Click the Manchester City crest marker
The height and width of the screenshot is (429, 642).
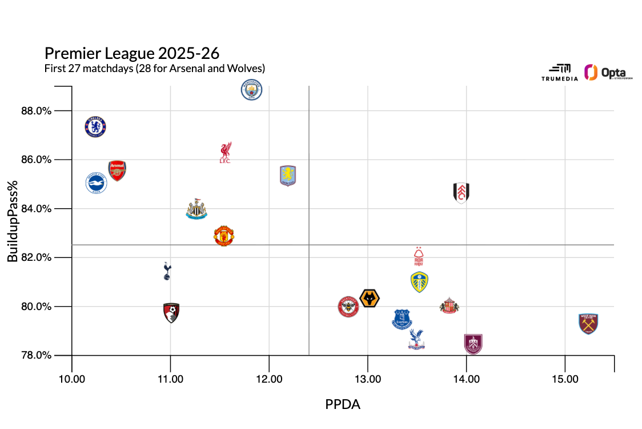(x=251, y=90)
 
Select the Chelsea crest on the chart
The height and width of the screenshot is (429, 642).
(x=95, y=127)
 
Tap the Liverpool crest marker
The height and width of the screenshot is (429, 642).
(x=225, y=153)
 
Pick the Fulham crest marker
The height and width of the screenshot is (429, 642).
(x=462, y=193)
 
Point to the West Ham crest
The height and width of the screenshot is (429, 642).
(x=588, y=324)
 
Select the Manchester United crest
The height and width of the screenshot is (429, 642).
(x=224, y=236)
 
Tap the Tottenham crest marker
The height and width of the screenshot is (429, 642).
(x=167, y=271)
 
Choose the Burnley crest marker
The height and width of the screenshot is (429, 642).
(x=473, y=344)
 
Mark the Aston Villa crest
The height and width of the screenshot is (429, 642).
(x=288, y=176)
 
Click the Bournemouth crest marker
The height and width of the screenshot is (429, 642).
(x=171, y=313)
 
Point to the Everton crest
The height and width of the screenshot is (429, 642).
(x=402, y=319)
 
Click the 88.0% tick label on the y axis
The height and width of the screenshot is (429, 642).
(x=53, y=110)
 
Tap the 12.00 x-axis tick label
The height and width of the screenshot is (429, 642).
(x=269, y=379)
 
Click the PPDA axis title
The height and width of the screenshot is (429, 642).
(x=343, y=404)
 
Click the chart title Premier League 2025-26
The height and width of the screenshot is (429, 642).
(x=132, y=54)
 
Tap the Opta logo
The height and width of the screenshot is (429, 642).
(x=600, y=73)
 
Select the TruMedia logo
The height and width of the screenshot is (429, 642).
(x=559, y=73)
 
